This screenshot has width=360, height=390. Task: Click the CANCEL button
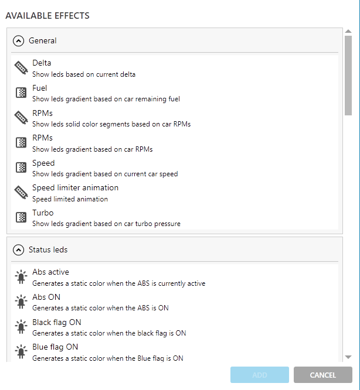coord(323,375)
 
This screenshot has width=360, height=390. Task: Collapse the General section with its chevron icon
coord(18,41)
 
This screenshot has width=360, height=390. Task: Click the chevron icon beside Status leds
coord(18,249)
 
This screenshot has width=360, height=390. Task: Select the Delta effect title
coord(42,63)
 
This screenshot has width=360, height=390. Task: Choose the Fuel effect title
coord(40,88)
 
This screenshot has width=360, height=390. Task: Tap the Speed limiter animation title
coord(75,187)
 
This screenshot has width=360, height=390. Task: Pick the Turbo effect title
coord(43,213)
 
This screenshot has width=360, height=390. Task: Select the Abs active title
coord(50,272)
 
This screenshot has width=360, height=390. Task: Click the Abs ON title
coord(46,297)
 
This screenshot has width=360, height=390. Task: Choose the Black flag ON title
coord(57,322)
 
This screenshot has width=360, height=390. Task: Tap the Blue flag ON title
coord(55,347)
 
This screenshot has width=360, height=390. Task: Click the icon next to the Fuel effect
coord(21,93)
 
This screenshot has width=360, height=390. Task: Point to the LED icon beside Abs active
coord(21,277)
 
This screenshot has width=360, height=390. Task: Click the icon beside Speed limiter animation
coord(21,193)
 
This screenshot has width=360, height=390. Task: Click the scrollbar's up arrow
coord(348,32)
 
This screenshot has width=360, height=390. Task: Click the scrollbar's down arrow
coord(348,357)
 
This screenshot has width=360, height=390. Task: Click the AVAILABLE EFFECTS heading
coord(47,16)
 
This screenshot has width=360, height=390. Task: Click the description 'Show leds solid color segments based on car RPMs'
coord(111,124)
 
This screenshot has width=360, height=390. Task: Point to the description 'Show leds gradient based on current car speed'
coord(105,174)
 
